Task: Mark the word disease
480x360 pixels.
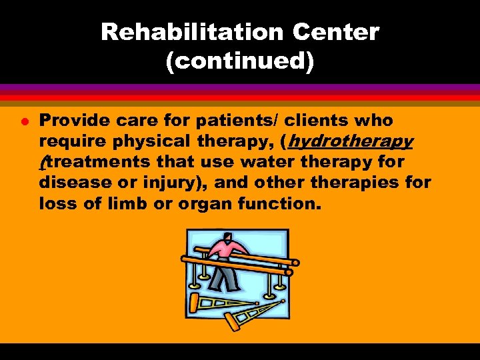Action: [x=73, y=183]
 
